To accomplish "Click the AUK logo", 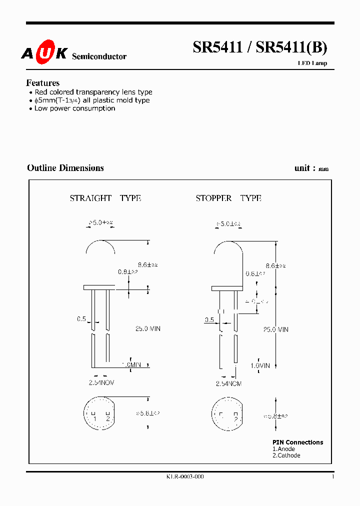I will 44,54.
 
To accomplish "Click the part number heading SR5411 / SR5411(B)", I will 260,47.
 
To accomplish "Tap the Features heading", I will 43,83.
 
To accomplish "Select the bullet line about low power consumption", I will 74,108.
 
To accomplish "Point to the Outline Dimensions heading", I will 65,168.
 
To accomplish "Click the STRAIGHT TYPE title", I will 105,198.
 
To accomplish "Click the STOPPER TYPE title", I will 228,198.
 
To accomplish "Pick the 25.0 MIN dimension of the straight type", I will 148,329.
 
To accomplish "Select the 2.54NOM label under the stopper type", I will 228,383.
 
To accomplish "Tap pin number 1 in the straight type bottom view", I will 94,418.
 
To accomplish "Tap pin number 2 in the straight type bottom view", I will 107,418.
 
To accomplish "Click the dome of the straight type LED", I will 100,246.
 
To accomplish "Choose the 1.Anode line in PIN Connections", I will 283,449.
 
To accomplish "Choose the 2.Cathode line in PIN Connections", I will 286,455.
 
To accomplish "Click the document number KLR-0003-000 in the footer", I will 185,477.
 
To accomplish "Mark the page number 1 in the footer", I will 333,477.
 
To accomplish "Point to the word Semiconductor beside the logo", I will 99,57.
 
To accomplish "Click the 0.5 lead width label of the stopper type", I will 209,320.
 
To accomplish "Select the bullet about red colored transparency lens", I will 93,92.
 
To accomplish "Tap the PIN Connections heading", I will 297,442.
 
